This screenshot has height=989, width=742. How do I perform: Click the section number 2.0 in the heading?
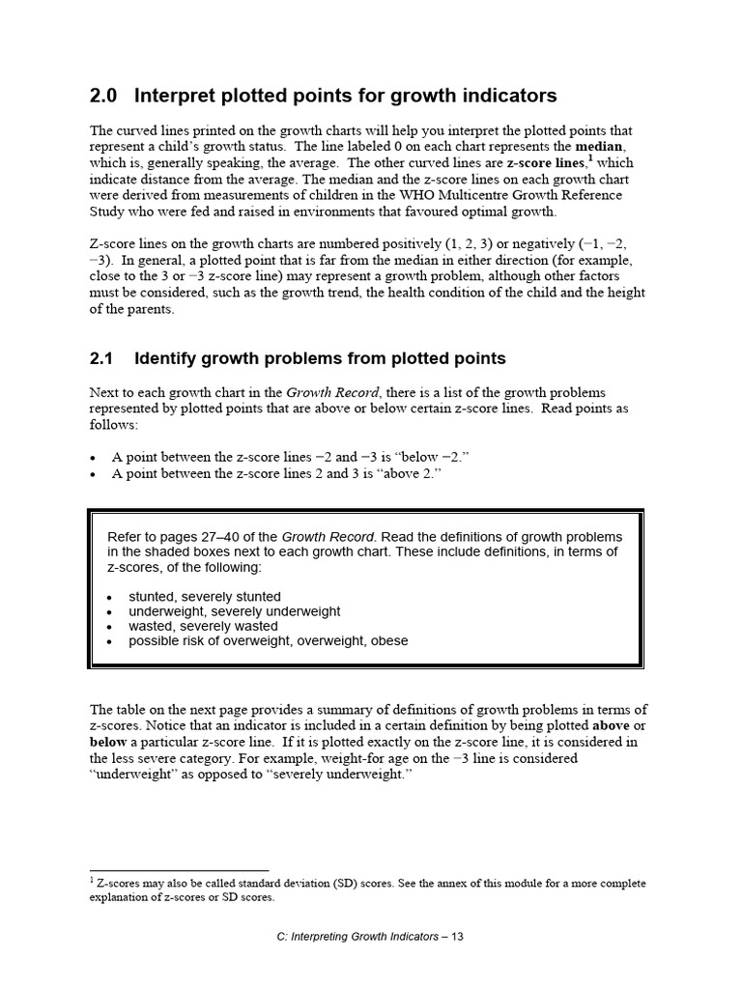[x=102, y=96]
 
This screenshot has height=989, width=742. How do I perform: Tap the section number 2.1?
[x=101, y=358]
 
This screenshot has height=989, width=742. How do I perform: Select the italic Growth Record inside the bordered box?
[x=327, y=537]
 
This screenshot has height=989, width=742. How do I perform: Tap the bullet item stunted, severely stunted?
[x=205, y=596]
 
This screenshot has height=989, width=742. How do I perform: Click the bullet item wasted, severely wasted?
[x=202, y=626]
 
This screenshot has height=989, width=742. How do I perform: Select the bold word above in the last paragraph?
[x=612, y=725]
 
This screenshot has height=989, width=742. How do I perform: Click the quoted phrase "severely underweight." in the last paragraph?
[x=335, y=775]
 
